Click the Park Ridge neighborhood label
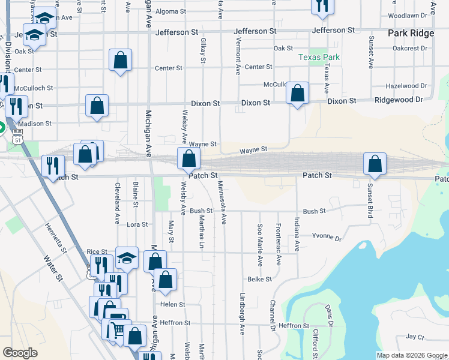click(x=411, y=34)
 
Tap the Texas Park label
click(x=319, y=58)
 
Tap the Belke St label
click(x=260, y=279)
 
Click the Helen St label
click(x=173, y=304)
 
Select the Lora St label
click(x=137, y=224)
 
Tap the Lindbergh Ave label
click(x=243, y=314)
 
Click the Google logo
click(x=20, y=352)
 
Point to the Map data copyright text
click(x=412, y=355)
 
